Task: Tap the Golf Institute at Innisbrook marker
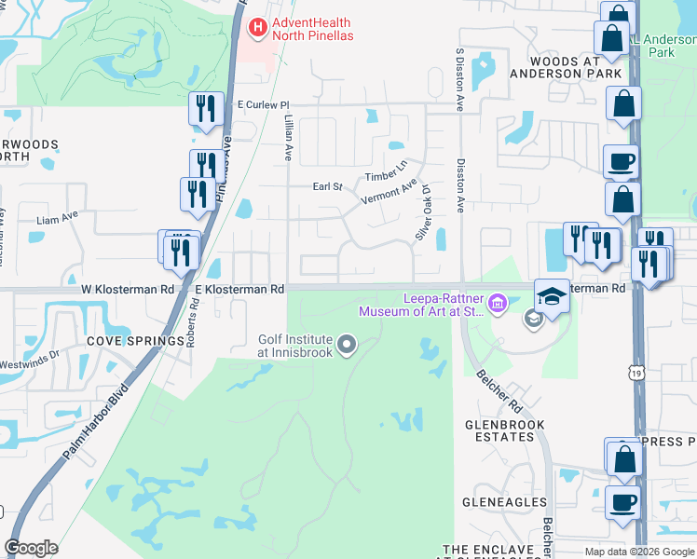pyautogui.click(x=347, y=347)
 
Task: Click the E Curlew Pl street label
pyautogui.click(x=264, y=105)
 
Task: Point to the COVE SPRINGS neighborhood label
pyautogui.click(x=136, y=342)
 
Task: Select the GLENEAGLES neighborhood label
pyautogui.click(x=504, y=502)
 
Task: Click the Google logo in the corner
pyautogui.click(x=31, y=548)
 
